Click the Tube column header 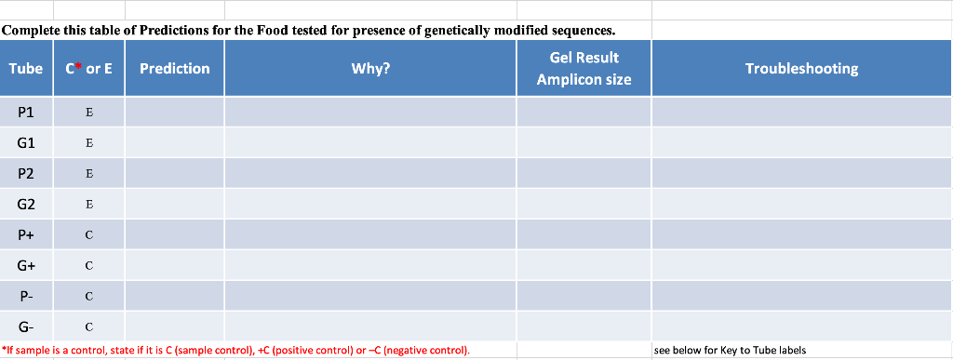[26, 69]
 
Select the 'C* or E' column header [89, 69]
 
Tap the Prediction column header [175, 69]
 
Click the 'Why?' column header [370, 69]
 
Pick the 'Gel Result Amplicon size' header [584, 69]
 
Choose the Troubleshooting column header [801, 69]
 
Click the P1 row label [26, 113]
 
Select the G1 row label [26, 143]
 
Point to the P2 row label [26, 174]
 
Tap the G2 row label [26, 205]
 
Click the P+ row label [26, 235]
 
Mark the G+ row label [26, 266]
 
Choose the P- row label [26, 297]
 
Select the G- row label [26, 327]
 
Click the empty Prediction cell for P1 [175, 113]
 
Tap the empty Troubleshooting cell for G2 [801, 205]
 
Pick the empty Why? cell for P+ [370, 235]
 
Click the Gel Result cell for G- [584, 327]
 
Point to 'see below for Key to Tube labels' [731, 351]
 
